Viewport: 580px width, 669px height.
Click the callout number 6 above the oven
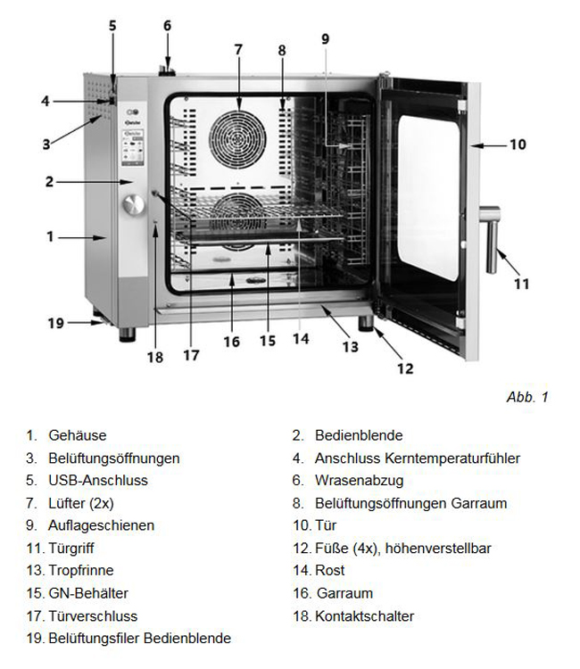[166, 25]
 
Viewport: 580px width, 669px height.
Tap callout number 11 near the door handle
[522, 284]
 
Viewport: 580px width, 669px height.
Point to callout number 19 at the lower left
[56, 323]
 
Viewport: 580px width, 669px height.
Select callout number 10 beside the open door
[518, 144]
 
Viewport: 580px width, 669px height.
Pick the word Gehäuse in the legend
[78, 435]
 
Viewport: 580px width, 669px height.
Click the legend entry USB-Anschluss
[98, 480]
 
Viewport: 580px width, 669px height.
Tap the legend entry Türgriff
[73, 548]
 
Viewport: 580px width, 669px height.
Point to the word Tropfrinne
[81, 570]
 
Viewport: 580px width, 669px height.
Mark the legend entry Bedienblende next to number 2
[359, 435]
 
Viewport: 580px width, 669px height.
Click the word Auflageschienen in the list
[101, 525]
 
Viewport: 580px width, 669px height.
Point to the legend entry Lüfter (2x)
[81, 503]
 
